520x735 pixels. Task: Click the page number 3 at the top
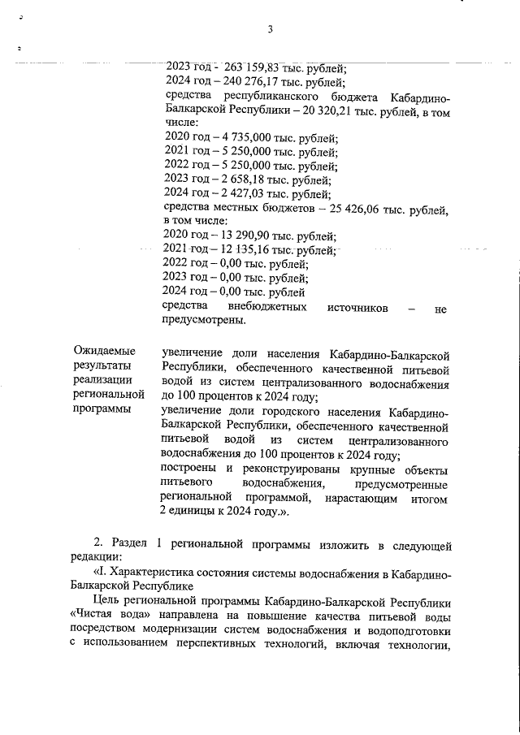coord(270,30)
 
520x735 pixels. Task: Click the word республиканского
coord(258,96)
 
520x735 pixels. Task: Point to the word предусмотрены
coord(204,321)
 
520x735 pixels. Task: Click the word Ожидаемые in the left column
coord(104,351)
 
